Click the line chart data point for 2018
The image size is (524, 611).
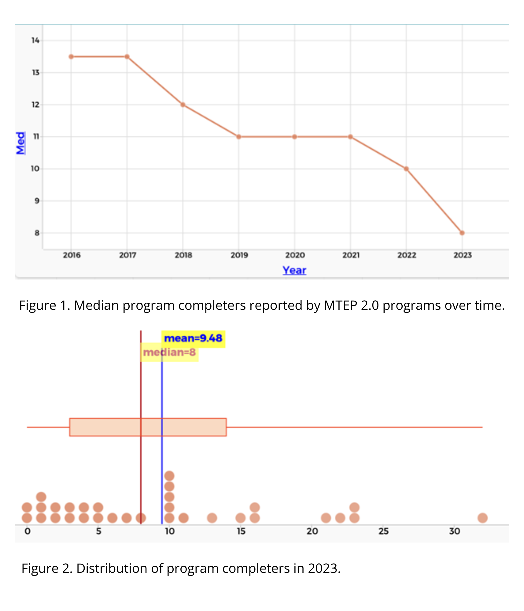(x=183, y=105)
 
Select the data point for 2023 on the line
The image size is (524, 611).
(x=462, y=233)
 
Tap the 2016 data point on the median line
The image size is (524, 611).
(x=71, y=57)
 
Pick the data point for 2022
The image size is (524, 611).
(x=406, y=169)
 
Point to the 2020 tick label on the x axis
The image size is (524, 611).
(x=295, y=255)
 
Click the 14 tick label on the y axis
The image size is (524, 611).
(x=35, y=40)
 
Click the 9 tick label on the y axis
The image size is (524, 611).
(x=37, y=201)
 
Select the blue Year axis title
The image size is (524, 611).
(x=294, y=270)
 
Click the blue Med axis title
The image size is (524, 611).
(x=20, y=143)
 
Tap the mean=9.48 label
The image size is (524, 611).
(x=193, y=338)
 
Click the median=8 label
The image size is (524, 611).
(x=169, y=353)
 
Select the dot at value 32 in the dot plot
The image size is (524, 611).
(x=482, y=518)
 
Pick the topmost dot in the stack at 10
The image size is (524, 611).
(x=169, y=476)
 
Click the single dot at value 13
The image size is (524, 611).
(x=212, y=518)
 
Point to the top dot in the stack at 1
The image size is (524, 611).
(x=41, y=497)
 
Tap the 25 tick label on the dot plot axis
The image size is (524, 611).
(x=383, y=531)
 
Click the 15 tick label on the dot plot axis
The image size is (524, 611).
(x=241, y=531)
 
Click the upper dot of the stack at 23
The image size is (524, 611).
(x=354, y=507)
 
